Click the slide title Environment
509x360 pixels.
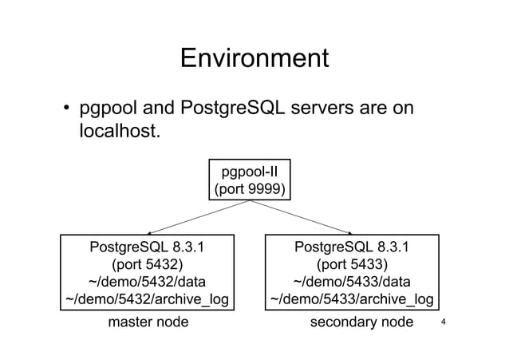(x=254, y=59)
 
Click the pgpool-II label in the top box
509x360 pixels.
(x=249, y=171)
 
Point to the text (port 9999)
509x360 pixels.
(x=249, y=189)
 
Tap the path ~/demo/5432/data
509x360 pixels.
(x=147, y=282)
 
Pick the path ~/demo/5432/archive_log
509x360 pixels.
(x=147, y=300)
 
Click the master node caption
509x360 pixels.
(x=148, y=322)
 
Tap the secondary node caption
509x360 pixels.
(x=361, y=322)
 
